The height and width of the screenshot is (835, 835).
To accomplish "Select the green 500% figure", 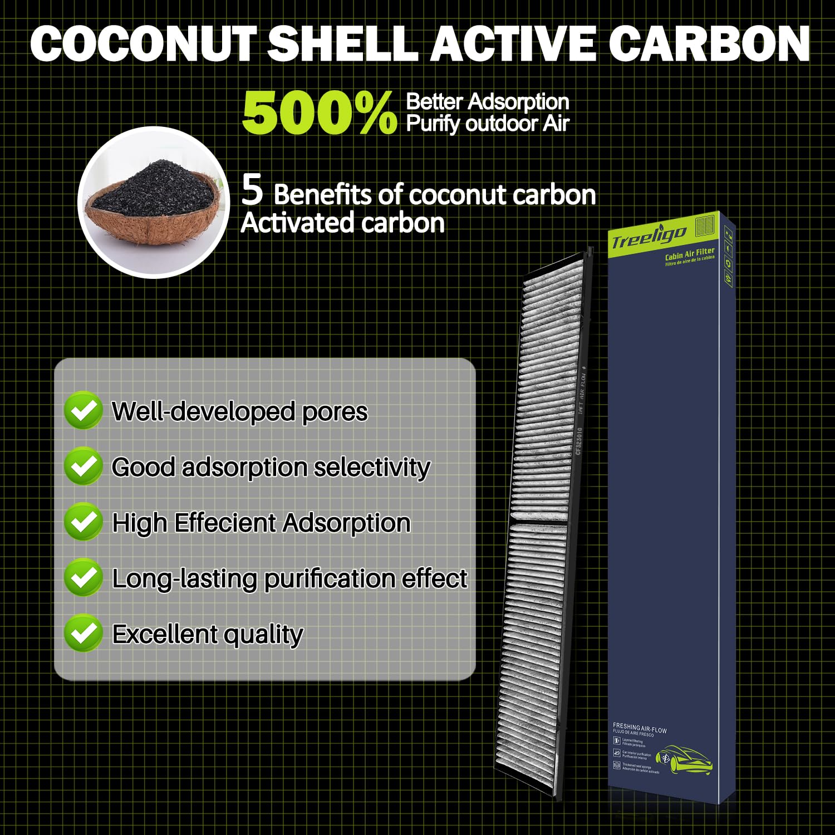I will tap(319, 114).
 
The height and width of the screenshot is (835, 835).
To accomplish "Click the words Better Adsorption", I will tap(488, 102).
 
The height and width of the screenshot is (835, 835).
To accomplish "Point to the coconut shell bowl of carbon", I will tap(154, 202).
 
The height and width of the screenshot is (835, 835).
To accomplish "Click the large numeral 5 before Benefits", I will tap(252, 190).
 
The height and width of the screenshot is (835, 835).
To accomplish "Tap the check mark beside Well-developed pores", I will tap(83, 411).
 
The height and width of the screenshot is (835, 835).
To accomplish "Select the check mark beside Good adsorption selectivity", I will tap(83, 466).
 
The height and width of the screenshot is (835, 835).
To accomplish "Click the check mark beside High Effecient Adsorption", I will tap(83, 522).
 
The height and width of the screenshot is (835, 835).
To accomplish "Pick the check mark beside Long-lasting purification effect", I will tap(83, 578).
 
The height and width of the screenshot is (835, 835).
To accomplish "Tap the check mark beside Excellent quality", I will tap(83, 633).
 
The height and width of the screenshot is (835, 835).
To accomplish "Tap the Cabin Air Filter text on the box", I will tap(690, 254).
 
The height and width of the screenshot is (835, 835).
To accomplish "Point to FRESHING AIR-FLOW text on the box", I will tap(640, 728).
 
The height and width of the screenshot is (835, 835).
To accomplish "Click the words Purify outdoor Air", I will tap(488, 124).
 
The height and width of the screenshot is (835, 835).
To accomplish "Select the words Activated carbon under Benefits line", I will tap(343, 223).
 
